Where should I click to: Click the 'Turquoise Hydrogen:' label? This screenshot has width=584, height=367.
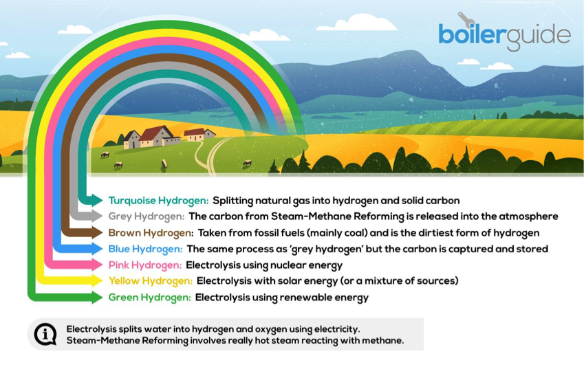click(x=158, y=201)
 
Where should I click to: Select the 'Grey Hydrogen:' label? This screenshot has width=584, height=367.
click(x=147, y=216)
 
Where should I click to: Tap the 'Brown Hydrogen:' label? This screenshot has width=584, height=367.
click(x=151, y=233)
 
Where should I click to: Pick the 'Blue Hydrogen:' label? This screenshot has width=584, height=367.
click(x=145, y=249)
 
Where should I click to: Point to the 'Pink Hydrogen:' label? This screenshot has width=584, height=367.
click(x=145, y=265)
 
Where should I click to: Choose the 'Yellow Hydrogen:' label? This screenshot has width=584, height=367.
click(x=151, y=281)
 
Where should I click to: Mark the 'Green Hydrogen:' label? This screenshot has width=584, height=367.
click(x=150, y=298)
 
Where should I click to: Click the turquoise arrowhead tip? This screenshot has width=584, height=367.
click(x=103, y=200)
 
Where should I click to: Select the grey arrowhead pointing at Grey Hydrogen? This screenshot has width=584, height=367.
click(x=97, y=216)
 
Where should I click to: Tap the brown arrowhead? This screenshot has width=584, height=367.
click(x=97, y=232)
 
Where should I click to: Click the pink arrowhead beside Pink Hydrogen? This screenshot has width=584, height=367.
click(x=97, y=265)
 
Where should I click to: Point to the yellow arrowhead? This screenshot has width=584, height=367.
click(x=97, y=280)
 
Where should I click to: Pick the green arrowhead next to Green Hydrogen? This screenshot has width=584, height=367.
click(x=97, y=297)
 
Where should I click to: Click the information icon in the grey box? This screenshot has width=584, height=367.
click(x=45, y=334)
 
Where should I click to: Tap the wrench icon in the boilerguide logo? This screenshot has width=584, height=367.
click(x=466, y=20)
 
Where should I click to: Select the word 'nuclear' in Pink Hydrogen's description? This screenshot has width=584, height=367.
click(x=285, y=265)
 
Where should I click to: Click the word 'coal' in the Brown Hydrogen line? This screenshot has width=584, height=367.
click(x=357, y=233)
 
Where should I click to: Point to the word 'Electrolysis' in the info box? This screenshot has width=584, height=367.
click(x=91, y=329)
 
